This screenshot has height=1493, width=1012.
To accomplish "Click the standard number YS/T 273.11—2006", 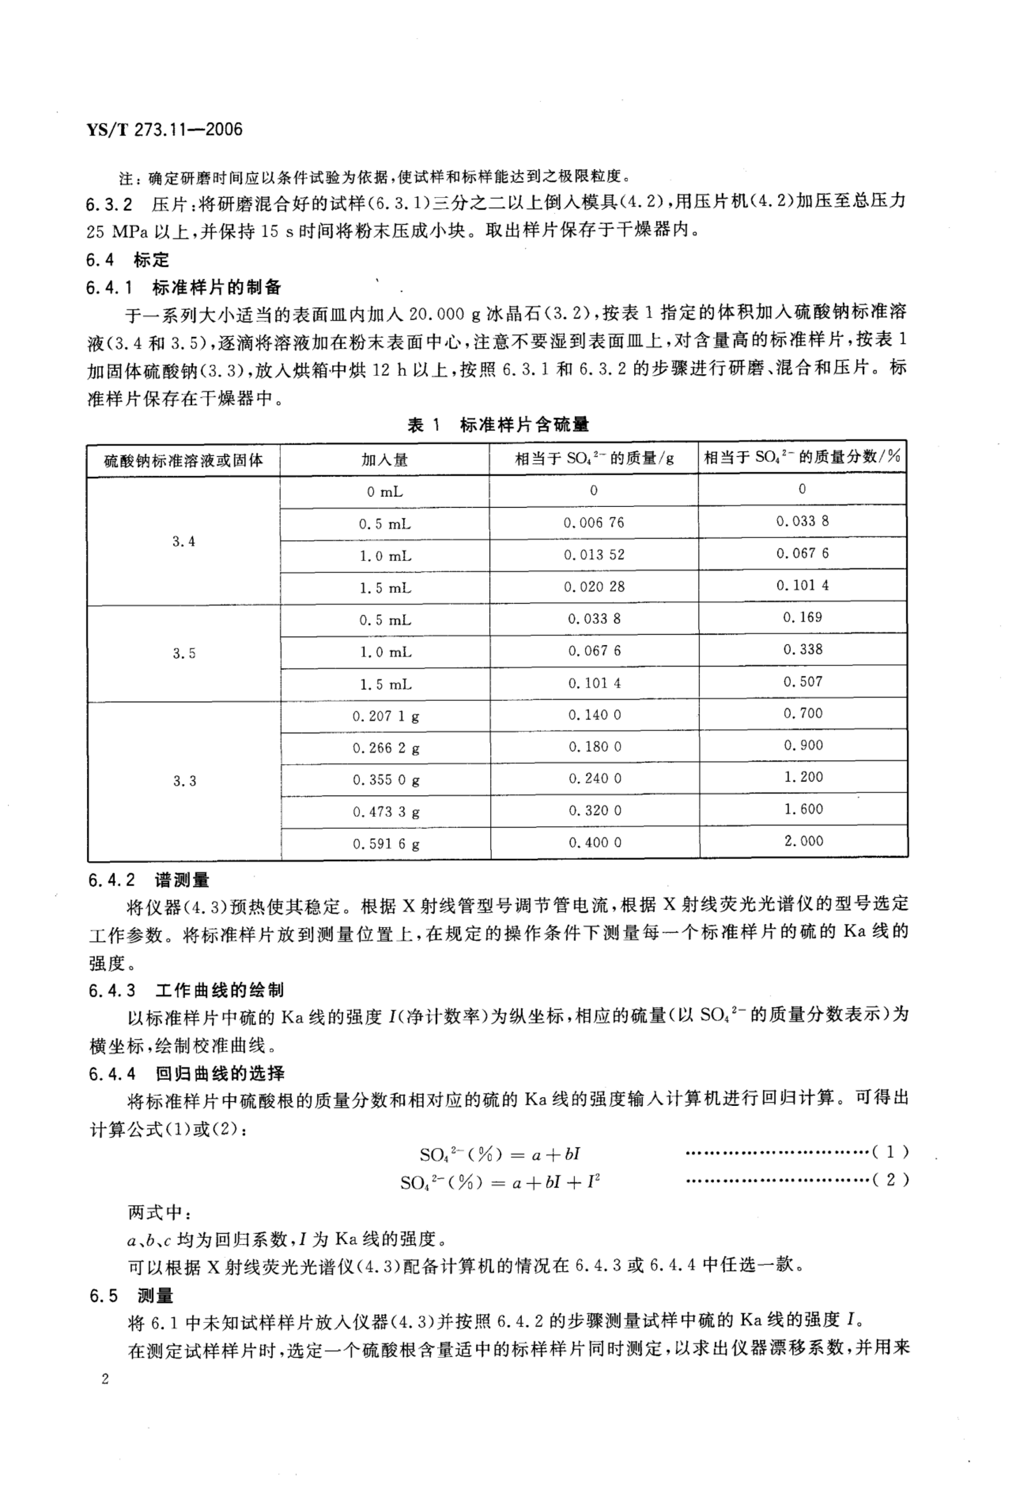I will [164, 130].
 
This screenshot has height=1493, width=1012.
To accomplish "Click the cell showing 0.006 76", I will [594, 523].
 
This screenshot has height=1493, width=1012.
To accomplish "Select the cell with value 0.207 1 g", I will [385, 716].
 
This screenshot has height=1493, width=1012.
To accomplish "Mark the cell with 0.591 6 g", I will [385, 843].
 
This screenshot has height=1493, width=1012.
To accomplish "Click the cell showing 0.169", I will [802, 617].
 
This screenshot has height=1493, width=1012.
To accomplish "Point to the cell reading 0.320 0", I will [594, 811].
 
